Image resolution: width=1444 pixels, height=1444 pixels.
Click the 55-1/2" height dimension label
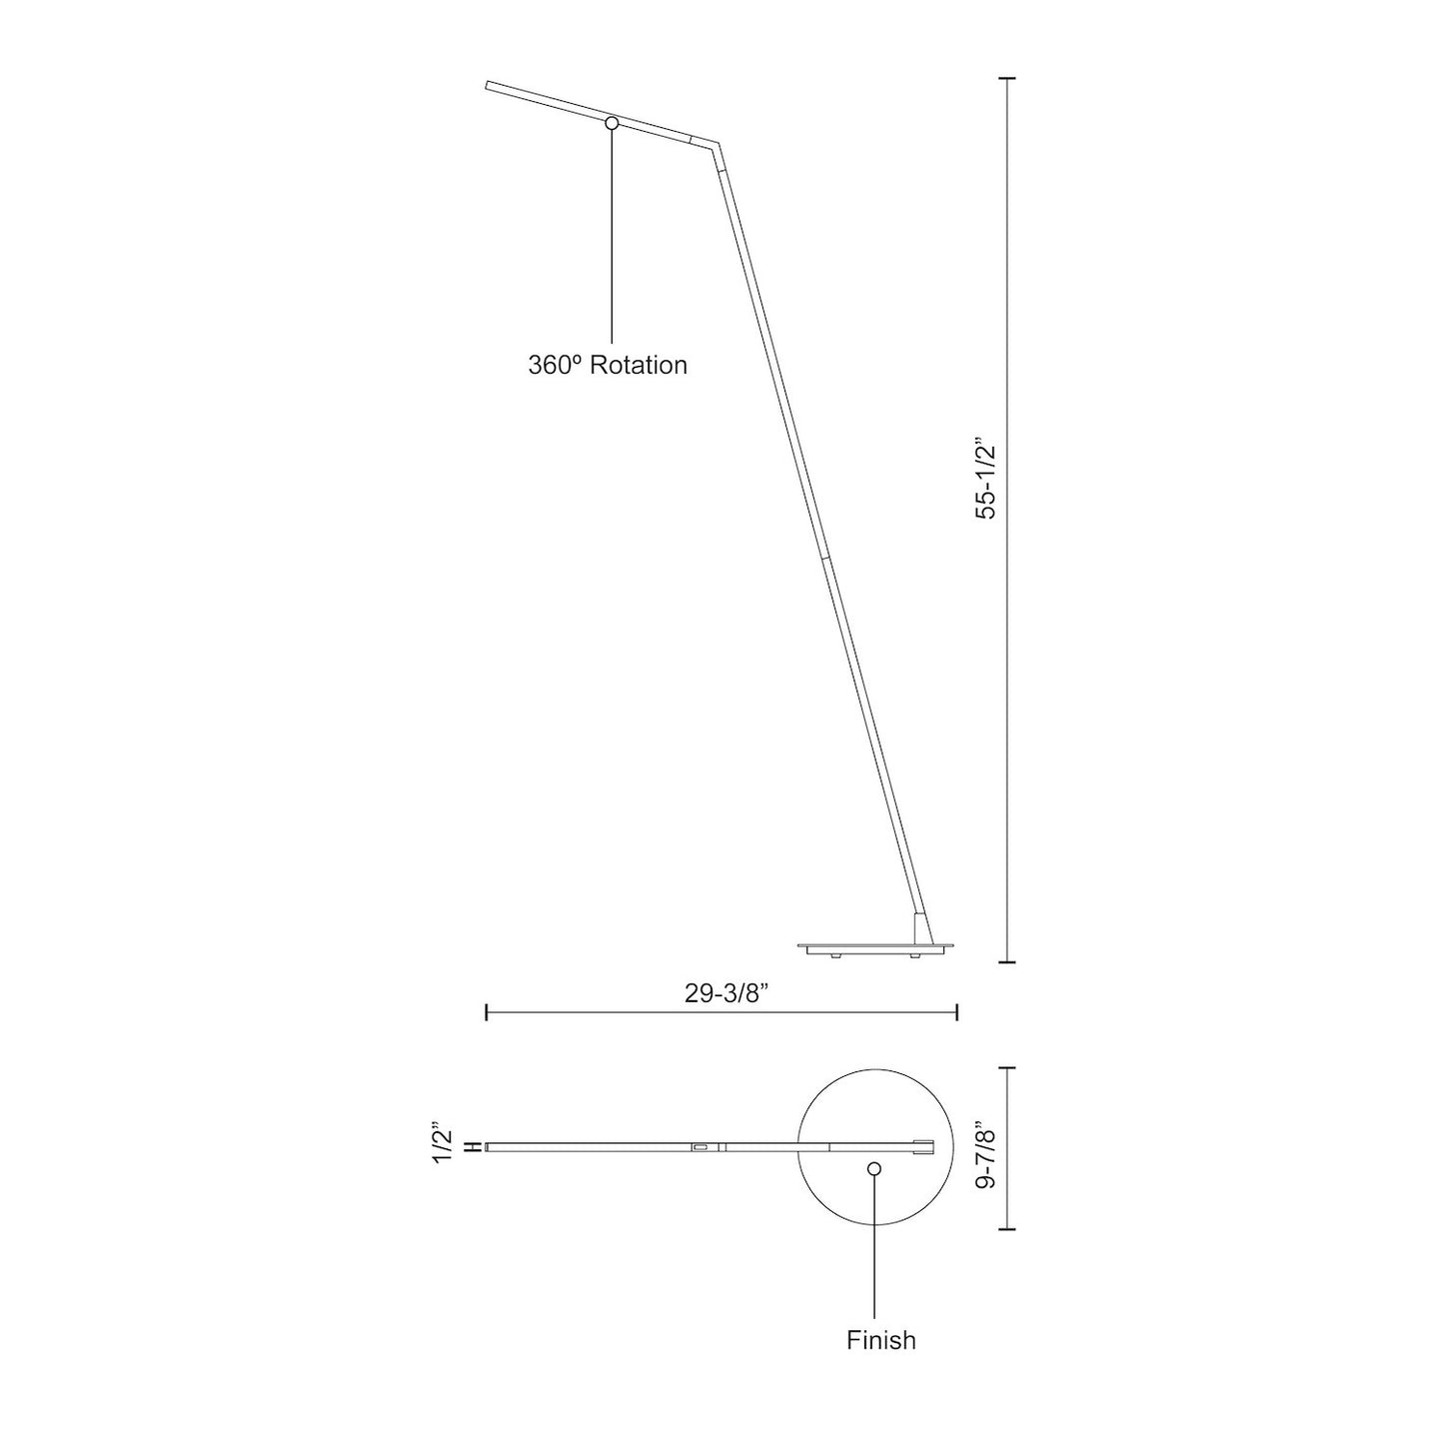(x=987, y=478)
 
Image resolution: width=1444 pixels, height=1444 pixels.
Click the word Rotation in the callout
(x=639, y=366)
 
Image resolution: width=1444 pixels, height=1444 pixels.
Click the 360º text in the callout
(x=555, y=366)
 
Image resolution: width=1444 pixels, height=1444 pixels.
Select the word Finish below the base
(x=880, y=1340)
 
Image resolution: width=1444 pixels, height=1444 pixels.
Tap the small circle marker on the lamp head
(x=613, y=123)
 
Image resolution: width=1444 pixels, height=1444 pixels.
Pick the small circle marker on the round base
(x=874, y=1168)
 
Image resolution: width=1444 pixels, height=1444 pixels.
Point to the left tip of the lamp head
(x=489, y=86)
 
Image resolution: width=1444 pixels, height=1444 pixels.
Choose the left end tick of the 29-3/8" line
(x=487, y=1012)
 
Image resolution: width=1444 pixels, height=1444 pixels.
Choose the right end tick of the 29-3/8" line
(x=957, y=1012)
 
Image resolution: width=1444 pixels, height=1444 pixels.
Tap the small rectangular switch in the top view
(x=701, y=1147)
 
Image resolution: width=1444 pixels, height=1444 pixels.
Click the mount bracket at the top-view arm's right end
(x=925, y=1146)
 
